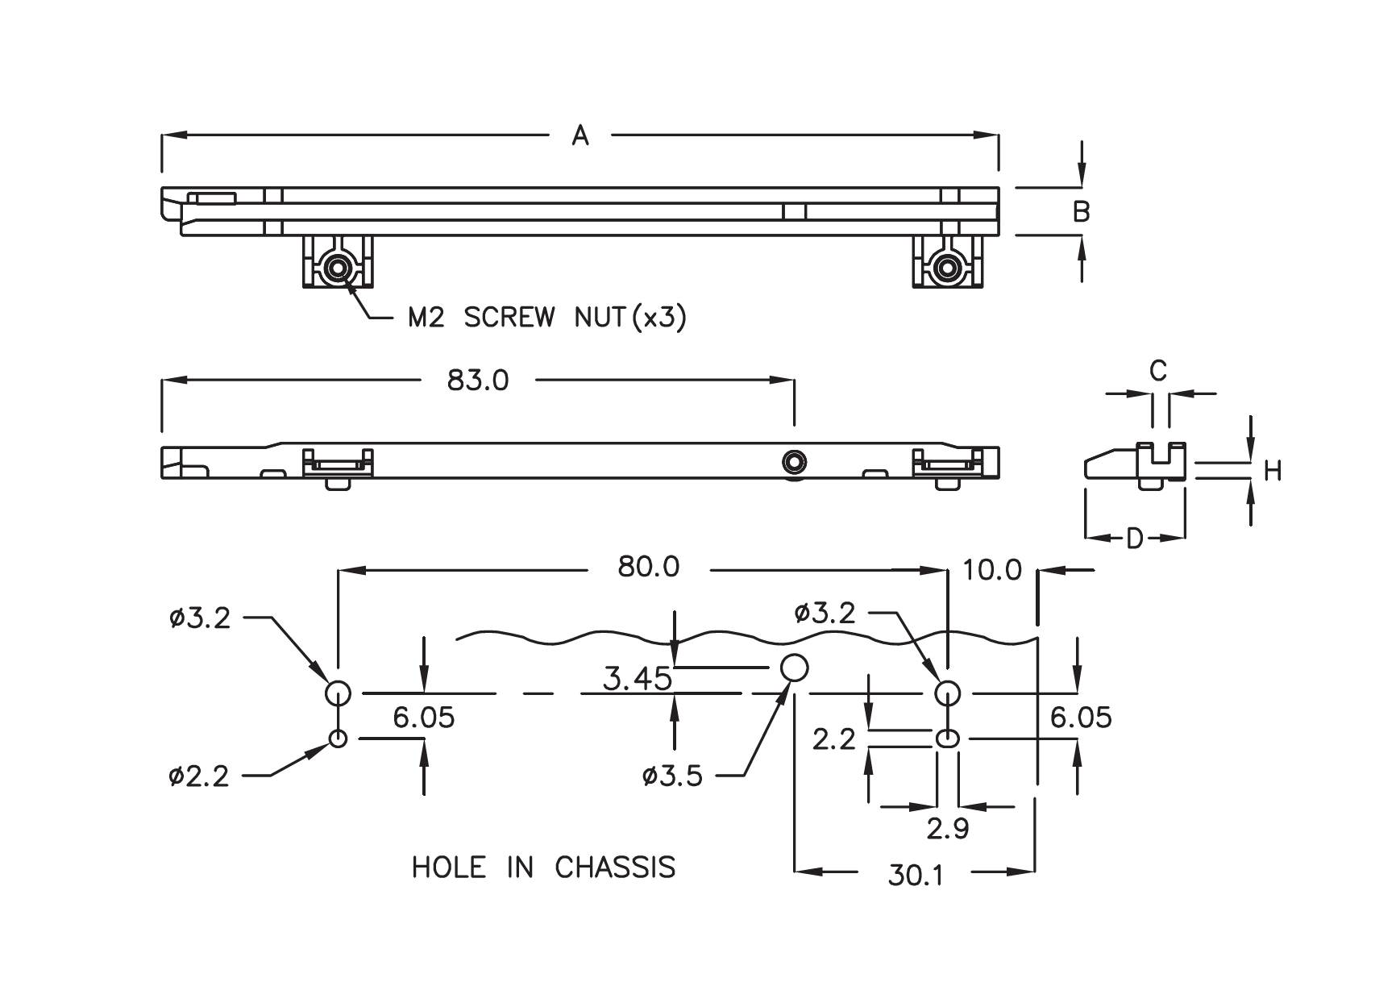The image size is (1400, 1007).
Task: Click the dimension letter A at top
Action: [580, 136]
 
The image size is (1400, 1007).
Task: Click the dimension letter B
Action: [1082, 211]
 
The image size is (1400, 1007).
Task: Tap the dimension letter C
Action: [1157, 371]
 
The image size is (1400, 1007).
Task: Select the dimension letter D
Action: [1134, 539]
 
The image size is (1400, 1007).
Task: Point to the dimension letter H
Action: [1273, 471]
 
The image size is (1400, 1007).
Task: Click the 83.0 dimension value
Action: [478, 381]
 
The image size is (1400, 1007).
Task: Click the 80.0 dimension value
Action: [648, 568]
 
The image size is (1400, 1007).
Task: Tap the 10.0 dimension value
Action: [991, 571]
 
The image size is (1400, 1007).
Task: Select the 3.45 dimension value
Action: [637, 679]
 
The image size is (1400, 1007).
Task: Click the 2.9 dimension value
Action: [947, 829]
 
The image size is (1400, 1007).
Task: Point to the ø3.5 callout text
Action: [673, 776]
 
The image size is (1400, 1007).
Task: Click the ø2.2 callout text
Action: [199, 776]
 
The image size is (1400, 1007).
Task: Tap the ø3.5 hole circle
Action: [795, 667]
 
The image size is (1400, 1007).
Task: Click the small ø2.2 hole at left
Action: [337, 738]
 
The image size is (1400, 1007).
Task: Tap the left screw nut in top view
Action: [337, 267]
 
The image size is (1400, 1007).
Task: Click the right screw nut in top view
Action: [948, 267]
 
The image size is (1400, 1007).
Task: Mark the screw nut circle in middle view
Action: [795, 461]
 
